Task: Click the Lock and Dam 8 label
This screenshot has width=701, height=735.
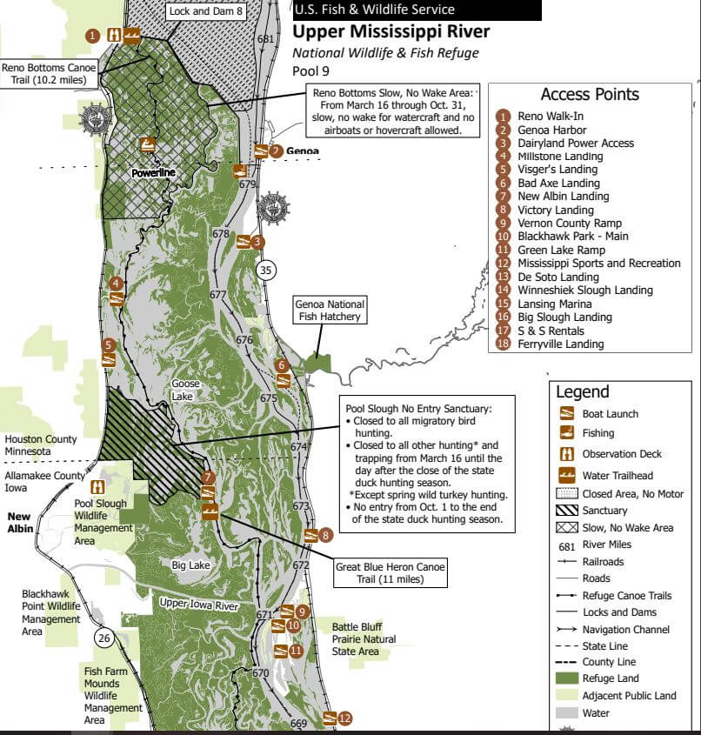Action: [x=206, y=11]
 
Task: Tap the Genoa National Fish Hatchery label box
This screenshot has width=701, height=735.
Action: [x=330, y=311]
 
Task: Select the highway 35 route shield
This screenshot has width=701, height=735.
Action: [x=265, y=270]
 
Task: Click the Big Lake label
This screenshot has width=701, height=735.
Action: [x=190, y=565]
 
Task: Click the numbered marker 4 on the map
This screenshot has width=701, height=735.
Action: [x=115, y=283]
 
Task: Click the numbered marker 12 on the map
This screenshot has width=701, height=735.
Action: [x=345, y=718]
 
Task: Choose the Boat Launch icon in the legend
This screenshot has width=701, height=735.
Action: [x=566, y=414]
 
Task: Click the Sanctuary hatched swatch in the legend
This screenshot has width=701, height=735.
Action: [x=566, y=511]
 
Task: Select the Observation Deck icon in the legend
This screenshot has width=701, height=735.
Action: [x=566, y=453]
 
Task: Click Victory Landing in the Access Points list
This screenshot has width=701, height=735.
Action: [x=555, y=210]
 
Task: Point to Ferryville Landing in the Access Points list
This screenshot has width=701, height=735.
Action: [x=561, y=344]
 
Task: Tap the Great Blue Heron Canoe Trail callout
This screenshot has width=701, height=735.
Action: [x=391, y=572]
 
